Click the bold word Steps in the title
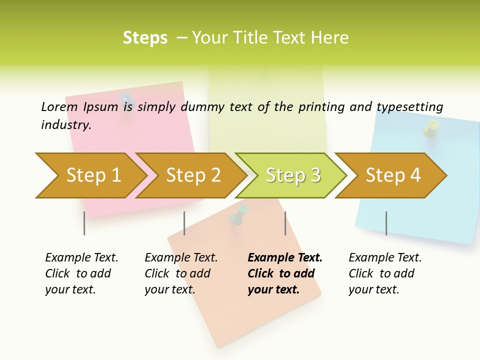(145, 38)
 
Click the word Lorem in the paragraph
(59, 106)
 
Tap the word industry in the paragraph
(66, 125)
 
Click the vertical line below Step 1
(84, 223)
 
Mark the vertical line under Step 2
(184, 223)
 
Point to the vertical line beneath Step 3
(285, 223)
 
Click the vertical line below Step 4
(386, 223)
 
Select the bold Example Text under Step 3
(285, 258)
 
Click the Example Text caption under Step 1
(81, 258)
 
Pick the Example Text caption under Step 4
(385, 258)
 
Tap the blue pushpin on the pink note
(126, 100)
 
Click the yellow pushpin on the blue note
(430, 128)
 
